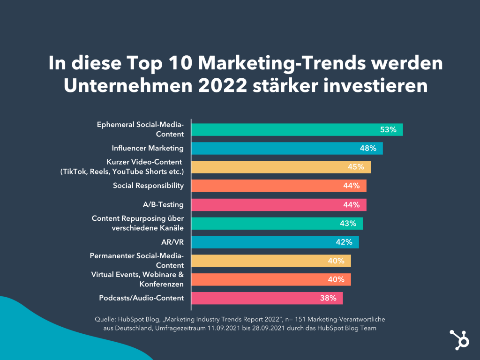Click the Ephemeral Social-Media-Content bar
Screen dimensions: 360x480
point(297,130)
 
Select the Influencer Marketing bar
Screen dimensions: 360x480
point(287,148)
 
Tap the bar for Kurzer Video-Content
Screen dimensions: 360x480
point(281,167)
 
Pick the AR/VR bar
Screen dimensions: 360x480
point(275,242)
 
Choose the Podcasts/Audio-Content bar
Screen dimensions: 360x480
point(267,298)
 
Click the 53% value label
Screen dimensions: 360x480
point(389,130)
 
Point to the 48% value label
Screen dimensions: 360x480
point(368,149)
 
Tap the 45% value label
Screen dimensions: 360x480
point(356,167)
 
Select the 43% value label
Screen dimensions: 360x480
point(348,224)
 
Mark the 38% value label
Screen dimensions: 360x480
point(328,298)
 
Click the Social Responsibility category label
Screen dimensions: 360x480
point(148,186)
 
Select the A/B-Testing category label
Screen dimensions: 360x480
point(163,204)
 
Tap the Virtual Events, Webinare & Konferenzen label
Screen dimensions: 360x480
point(137,279)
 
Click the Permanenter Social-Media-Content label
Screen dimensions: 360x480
point(137,261)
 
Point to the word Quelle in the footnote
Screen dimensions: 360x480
point(105,319)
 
